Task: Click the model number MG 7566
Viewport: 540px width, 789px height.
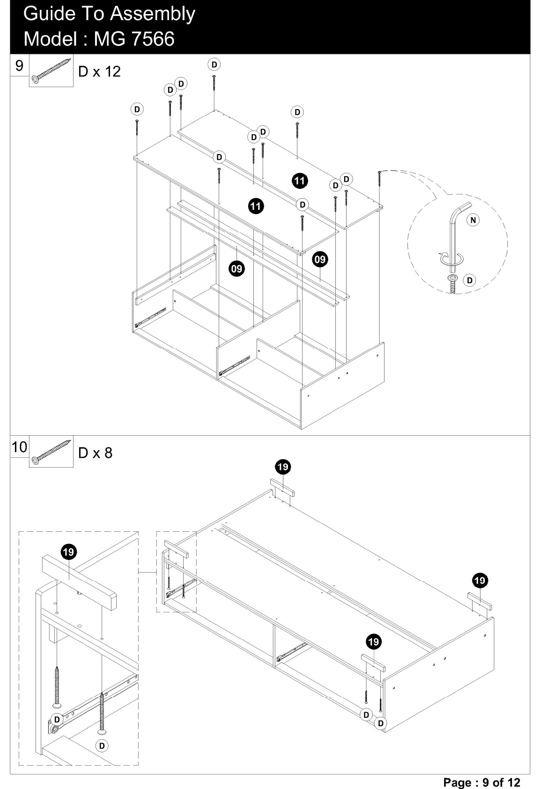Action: (134, 38)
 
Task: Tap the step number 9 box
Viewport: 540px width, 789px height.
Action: (19, 66)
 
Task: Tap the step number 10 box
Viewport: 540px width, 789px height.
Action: (19, 447)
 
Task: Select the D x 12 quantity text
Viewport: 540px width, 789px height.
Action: (100, 72)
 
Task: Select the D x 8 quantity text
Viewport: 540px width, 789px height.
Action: (96, 453)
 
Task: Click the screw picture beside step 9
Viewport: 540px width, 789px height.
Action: (52, 71)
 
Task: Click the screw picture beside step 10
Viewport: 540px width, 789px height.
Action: (52, 453)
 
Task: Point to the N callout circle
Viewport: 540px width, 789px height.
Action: (473, 220)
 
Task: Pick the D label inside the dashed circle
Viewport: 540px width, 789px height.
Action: (470, 280)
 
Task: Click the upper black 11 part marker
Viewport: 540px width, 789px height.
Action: (300, 181)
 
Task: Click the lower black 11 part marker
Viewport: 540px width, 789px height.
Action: (256, 206)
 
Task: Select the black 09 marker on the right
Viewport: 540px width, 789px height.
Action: (320, 260)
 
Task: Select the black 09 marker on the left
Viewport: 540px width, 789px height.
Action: (237, 269)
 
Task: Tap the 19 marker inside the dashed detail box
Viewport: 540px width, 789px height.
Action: (69, 552)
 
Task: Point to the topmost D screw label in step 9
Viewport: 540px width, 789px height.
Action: (214, 65)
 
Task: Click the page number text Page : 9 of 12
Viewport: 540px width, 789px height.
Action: (481, 782)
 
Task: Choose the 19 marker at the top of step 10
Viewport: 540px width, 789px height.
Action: (283, 467)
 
